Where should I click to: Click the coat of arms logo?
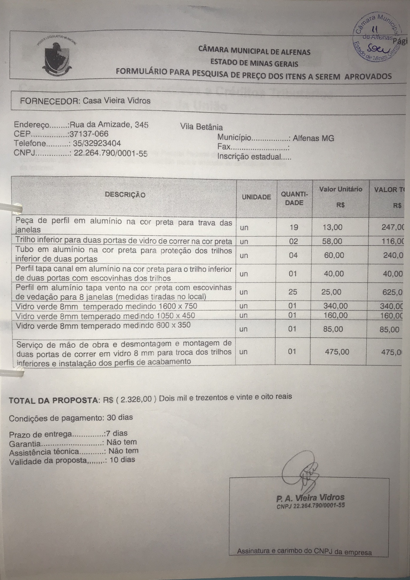tap(57, 57)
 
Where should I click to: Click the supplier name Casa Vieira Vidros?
tap(116, 101)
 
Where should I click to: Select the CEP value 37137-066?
tap(89, 134)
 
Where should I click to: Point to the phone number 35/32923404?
tap(97, 143)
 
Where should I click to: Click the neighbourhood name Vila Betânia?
tap(202, 127)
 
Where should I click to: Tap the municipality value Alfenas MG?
tap(313, 138)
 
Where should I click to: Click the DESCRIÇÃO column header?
tap(125, 195)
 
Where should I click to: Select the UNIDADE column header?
tap(256, 197)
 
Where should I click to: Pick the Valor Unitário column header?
tap(341, 189)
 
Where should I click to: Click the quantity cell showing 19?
tap(294, 228)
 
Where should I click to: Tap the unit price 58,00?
tap(332, 241)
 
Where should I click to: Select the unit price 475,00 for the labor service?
tap(337, 352)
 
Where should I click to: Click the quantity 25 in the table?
tap(293, 292)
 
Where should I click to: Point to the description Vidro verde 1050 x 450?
tap(105, 316)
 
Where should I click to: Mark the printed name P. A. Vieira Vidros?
tap(310, 498)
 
